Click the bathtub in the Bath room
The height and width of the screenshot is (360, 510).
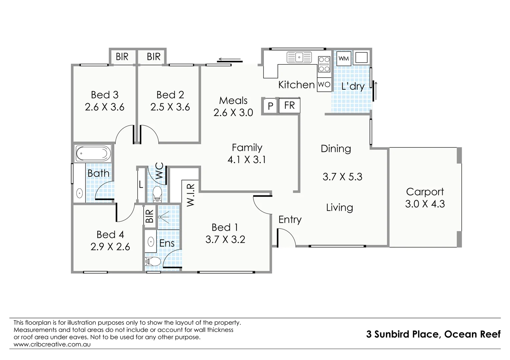tap(93, 154)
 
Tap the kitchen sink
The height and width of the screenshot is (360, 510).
tap(299, 57)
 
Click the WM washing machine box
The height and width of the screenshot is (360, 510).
tap(344, 59)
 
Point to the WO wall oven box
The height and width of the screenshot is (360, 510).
tap(324, 85)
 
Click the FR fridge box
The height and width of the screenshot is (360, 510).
tap(289, 106)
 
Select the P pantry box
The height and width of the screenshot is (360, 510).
tap(271, 106)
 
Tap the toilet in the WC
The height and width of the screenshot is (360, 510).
tap(157, 194)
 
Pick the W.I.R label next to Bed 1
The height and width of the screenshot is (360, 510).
tap(190, 195)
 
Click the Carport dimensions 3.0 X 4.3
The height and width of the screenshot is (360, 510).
tap(425, 204)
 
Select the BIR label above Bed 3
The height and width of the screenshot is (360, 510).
tap(122, 57)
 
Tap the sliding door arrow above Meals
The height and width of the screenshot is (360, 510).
tap(229, 60)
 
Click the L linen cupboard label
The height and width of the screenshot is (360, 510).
tap(141, 185)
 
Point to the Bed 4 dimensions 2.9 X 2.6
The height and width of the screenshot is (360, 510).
tap(110, 247)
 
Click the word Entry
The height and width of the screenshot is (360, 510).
tap(290, 219)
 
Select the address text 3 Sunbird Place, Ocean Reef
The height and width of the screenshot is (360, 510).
tap(433, 334)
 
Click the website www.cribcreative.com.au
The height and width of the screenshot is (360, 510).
tap(52, 344)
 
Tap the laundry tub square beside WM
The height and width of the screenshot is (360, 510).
tap(361, 58)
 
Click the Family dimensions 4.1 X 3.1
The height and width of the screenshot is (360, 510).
tap(246, 160)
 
